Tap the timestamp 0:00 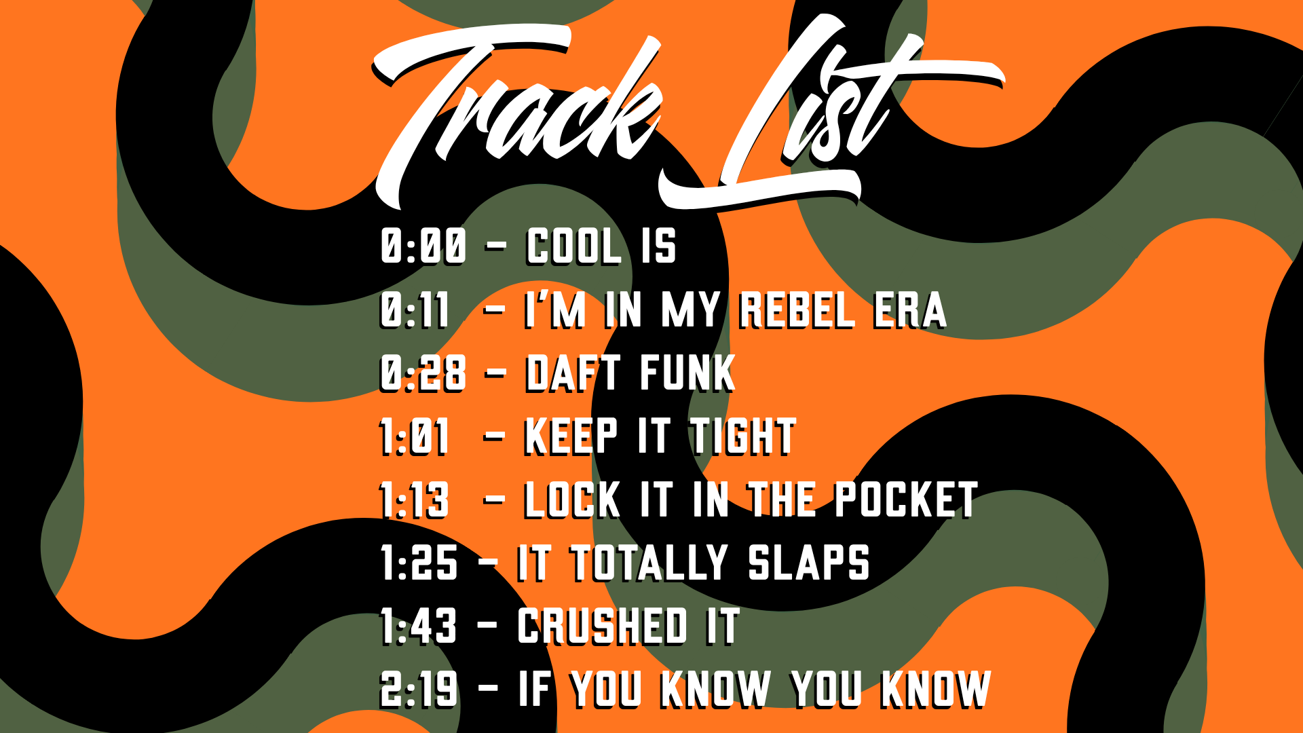pos(423,246)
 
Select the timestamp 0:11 pos(415,310)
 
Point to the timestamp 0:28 pos(423,373)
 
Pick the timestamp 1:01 pos(415,436)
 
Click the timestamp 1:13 pos(415,500)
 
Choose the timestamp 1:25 pos(419,563)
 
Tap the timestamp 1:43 pos(419,626)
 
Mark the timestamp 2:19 pos(419,690)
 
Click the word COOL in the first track pos(574,246)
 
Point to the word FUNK pos(687,373)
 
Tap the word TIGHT pos(743,436)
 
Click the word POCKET pos(906,500)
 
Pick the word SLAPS pos(809,563)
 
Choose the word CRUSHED pos(603,626)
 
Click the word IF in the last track pos(535,690)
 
